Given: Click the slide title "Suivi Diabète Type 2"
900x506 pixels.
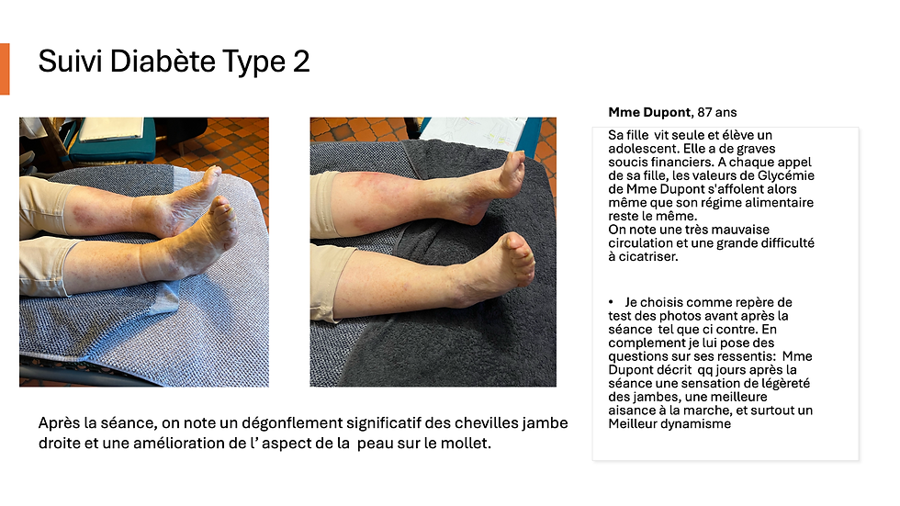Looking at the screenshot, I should click(x=174, y=62).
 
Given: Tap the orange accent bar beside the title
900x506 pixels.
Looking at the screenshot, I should click(x=5, y=69).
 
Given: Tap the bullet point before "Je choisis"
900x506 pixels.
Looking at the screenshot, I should click(x=611, y=302).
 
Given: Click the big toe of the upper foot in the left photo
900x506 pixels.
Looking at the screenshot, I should click(x=214, y=171).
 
